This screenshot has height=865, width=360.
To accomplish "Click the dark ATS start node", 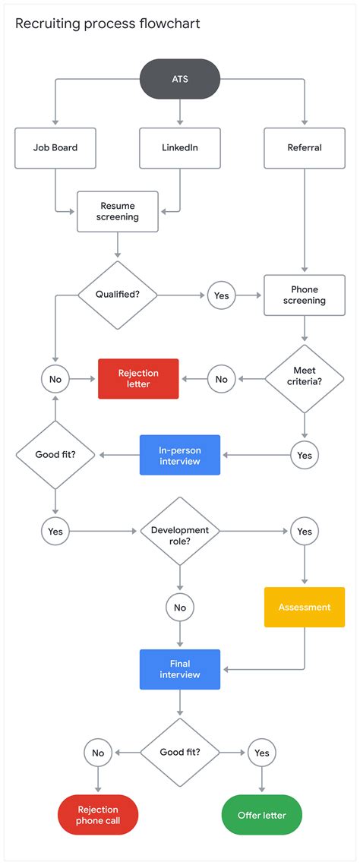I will click(x=180, y=79).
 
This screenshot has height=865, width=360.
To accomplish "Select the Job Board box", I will click(x=55, y=147).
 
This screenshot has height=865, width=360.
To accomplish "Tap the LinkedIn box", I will click(x=180, y=147).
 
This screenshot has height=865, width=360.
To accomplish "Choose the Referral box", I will click(x=304, y=147).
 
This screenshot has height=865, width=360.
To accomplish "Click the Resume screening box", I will click(x=118, y=211).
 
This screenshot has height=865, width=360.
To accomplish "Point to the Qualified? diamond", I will click(x=117, y=295).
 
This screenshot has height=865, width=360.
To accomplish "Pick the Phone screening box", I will click(x=304, y=295).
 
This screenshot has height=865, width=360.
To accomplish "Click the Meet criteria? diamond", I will click(x=304, y=377).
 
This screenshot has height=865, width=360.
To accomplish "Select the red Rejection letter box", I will click(x=138, y=378).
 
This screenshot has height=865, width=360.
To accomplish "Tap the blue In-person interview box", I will click(x=180, y=455).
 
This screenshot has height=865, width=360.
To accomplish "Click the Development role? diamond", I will click(x=180, y=531).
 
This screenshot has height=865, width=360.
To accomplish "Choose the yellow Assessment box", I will click(x=304, y=607).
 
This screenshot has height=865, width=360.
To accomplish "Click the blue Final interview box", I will click(x=180, y=669).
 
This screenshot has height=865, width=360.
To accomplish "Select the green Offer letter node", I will click(x=262, y=815).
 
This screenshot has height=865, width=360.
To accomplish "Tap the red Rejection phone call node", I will click(x=98, y=815).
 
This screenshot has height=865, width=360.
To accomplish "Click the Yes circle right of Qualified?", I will click(x=221, y=295).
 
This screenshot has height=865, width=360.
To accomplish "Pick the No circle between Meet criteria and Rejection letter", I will click(x=221, y=378).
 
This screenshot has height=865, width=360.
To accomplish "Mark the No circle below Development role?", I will click(x=180, y=607).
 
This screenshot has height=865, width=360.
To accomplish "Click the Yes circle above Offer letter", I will click(x=262, y=753).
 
